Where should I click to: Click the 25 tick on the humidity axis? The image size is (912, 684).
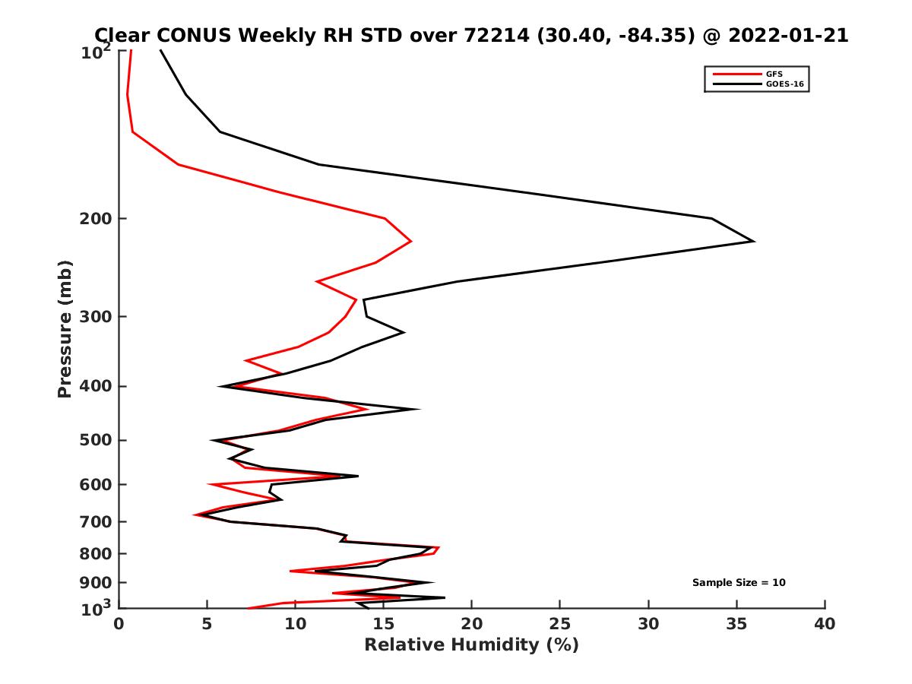tap(560, 624)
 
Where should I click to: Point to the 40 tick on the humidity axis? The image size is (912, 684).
tap(825, 624)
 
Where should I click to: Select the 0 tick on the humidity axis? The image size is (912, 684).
tap(119, 624)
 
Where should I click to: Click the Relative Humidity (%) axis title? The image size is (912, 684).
tap(471, 645)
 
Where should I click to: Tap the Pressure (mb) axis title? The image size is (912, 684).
tap(65, 328)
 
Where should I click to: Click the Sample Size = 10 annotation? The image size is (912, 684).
tap(739, 583)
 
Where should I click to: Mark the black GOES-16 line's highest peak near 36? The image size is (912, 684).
tap(753, 242)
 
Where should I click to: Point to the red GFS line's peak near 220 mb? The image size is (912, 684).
tap(411, 242)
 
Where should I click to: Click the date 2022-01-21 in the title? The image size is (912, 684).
tap(787, 35)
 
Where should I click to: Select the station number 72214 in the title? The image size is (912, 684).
tap(494, 35)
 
